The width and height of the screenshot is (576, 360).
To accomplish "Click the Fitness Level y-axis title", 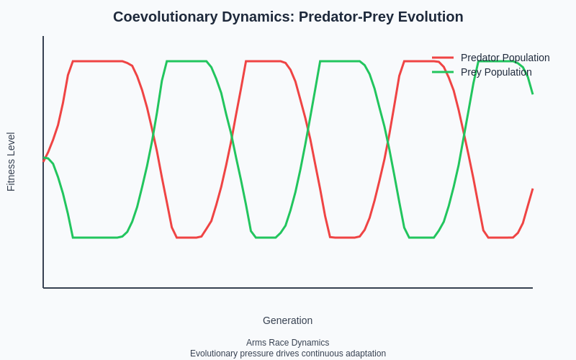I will (x=11, y=161).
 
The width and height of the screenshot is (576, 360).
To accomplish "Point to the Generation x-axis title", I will (x=287, y=320).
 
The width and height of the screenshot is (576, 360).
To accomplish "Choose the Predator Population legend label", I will (x=505, y=58).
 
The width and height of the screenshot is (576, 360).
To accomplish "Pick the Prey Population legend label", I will (x=496, y=72).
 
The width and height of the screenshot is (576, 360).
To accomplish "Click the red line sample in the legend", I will (x=443, y=58).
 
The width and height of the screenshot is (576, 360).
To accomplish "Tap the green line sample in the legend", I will (x=443, y=72).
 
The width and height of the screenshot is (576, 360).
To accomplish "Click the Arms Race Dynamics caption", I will (x=287, y=343).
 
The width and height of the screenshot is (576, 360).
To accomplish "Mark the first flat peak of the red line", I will (x=97, y=61).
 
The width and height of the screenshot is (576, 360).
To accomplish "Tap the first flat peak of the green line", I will (x=186, y=61).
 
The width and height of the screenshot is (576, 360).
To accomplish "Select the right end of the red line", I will (x=533, y=189).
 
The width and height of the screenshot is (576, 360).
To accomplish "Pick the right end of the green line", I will (x=533, y=94).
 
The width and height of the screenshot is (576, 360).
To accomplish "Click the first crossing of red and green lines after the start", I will (x=153, y=134).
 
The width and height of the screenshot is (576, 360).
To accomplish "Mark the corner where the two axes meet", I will (x=43, y=288).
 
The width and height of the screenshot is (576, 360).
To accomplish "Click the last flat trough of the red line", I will (x=500, y=238).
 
